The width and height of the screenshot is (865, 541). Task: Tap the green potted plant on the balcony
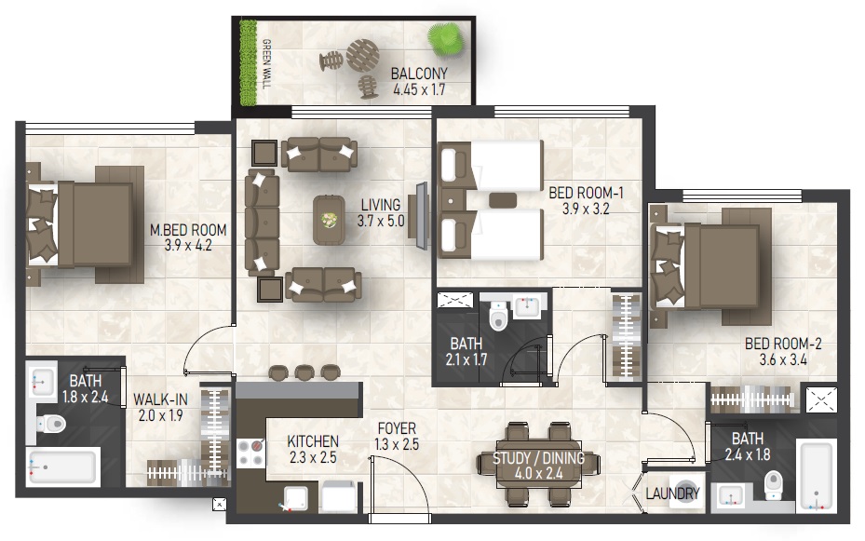tap(446, 39)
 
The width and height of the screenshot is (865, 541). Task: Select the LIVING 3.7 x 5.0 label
tap(381, 213)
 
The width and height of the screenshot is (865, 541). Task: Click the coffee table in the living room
tap(330, 220)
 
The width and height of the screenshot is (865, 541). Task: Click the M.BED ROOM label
tap(188, 229)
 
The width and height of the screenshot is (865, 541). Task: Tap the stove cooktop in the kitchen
tap(250, 453)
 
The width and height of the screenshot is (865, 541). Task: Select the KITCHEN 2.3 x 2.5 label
tap(313, 449)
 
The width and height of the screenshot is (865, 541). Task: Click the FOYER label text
tap(397, 428)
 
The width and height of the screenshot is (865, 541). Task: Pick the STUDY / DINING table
tap(538, 464)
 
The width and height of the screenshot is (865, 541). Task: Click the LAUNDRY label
tap(672, 493)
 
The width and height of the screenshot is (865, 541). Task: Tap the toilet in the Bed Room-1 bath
tap(498, 316)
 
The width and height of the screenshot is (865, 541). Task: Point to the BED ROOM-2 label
tap(783, 344)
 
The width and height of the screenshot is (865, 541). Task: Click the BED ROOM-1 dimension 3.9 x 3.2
tap(586, 209)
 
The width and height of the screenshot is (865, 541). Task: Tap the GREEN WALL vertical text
tap(266, 64)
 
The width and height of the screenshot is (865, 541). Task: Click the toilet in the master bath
tap(51, 424)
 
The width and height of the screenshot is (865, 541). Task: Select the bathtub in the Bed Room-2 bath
tap(817, 475)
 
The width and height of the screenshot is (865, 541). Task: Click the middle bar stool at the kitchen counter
tap(304, 372)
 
